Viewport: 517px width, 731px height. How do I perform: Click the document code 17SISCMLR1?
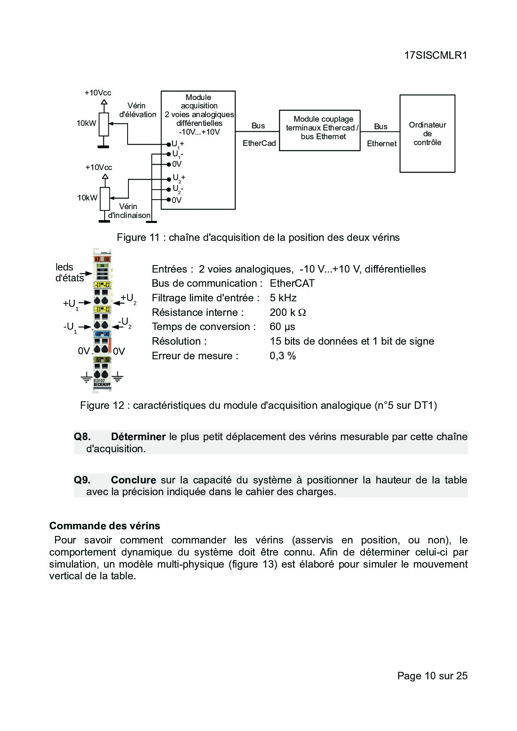click(x=435, y=55)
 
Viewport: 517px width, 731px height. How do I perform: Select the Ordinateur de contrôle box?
click(x=427, y=133)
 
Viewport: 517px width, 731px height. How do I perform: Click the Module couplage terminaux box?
click(x=319, y=130)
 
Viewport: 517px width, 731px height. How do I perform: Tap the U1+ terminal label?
click(x=178, y=144)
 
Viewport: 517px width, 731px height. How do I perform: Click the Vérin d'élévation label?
click(x=138, y=110)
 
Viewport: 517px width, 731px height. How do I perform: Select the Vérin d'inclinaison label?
click(x=129, y=211)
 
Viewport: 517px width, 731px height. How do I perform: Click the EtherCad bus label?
click(x=259, y=143)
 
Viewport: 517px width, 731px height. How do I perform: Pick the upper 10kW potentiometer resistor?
click(x=104, y=124)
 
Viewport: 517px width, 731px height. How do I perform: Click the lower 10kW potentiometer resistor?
click(x=105, y=199)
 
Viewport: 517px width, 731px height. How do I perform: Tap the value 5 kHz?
click(x=283, y=298)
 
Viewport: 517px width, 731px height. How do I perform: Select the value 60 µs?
click(x=282, y=327)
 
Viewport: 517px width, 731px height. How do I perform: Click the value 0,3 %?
click(x=283, y=356)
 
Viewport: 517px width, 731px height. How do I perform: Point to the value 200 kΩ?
click(x=288, y=313)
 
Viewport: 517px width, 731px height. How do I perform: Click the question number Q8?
click(x=82, y=437)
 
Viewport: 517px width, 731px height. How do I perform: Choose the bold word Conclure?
click(x=133, y=480)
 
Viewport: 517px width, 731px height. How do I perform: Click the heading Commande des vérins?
click(x=105, y=526)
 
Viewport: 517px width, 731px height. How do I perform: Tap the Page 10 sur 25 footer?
click(x=432, y=676)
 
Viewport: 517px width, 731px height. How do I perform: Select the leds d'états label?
click(x=69, y=273)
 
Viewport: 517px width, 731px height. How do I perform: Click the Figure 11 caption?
click(x=258, y=238)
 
